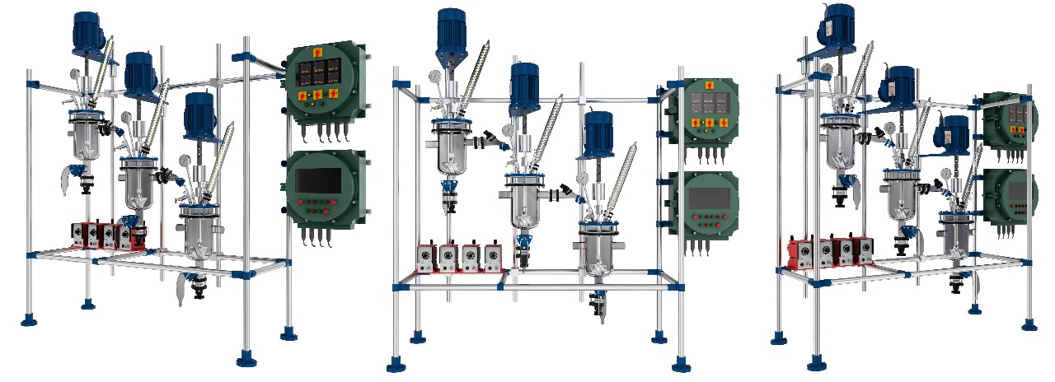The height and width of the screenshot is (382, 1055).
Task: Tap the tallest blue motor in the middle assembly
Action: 452,28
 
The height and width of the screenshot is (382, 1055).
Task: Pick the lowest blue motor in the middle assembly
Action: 598,133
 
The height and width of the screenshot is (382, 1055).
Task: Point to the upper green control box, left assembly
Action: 324,86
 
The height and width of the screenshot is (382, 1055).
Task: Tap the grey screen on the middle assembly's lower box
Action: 709,198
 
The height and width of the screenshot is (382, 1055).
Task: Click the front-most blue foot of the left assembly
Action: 246,358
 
